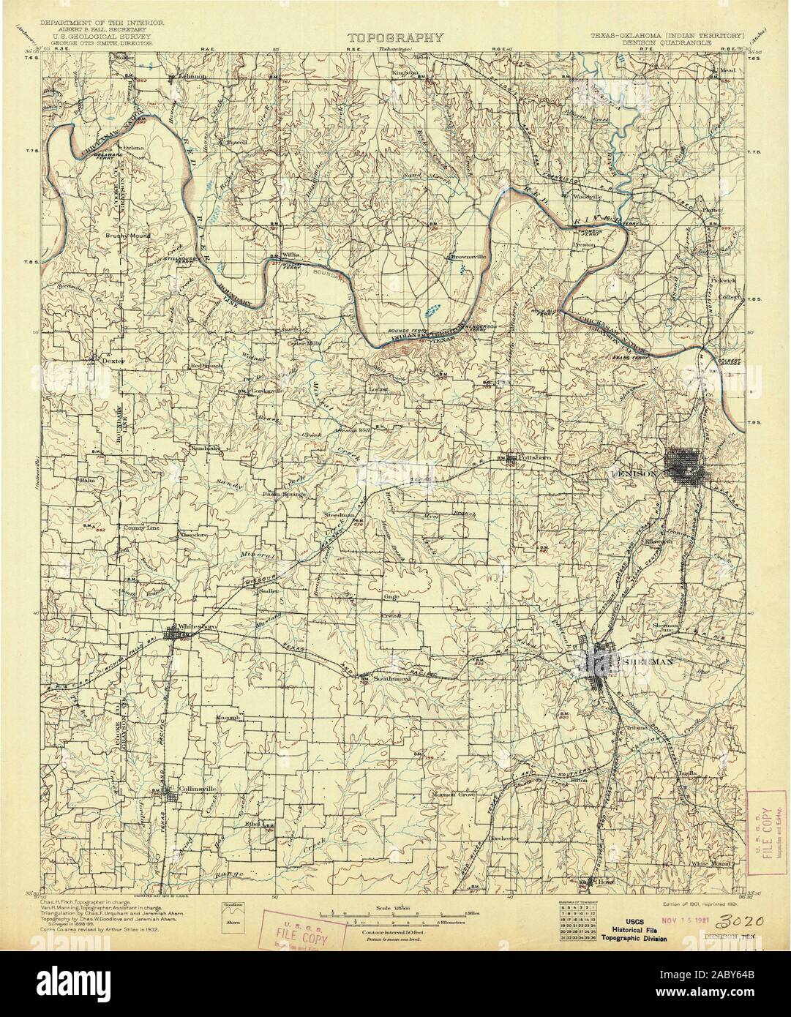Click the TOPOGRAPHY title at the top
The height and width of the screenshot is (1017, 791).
(395, 38)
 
